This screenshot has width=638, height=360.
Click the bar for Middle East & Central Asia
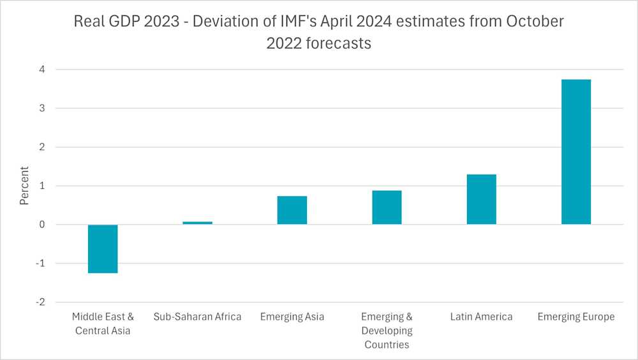103,249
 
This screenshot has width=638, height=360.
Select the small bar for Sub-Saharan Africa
197,223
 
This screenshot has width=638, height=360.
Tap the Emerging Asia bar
292,210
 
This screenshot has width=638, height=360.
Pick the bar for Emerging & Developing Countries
387,207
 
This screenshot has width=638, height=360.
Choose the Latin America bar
481,199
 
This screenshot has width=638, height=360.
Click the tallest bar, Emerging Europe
575,151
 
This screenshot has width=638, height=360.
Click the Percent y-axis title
24,186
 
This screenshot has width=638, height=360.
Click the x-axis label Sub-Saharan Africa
198,317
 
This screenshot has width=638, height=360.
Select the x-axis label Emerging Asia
292,317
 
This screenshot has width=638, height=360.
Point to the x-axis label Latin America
481,317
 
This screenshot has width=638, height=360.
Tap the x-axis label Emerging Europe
575,317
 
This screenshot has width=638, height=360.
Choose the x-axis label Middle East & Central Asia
103,323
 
